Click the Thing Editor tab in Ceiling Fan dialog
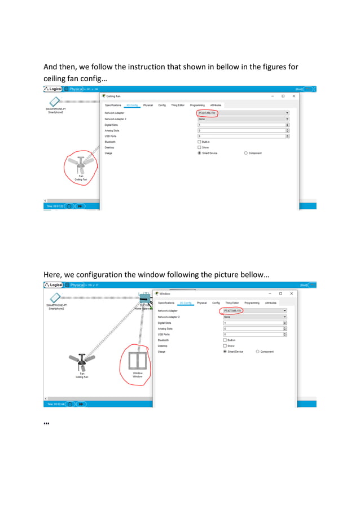click(178, 105)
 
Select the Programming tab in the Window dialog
click(252, 303)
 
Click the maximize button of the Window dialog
click(280, 293)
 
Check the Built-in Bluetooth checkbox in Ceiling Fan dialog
click(199, 142)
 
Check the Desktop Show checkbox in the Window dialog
click(225, 346)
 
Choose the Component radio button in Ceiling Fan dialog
click(246, 153)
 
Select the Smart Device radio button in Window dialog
click(225, 352)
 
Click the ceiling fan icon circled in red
click(81, 165)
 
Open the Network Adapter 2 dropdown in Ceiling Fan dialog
click(243, 119)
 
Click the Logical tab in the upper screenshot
click(53, 89)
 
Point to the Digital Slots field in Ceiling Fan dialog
click(243, 125)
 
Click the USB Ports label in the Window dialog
click(165, 334)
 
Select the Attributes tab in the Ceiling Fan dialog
click(216, 105)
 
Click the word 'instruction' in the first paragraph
click(152, 67)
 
